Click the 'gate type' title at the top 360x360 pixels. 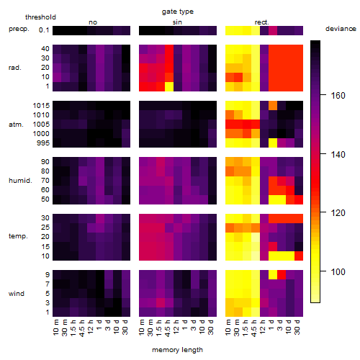click(178, 12)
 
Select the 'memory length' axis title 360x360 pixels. click(177, 350)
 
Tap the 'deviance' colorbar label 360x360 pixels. click(341, 29)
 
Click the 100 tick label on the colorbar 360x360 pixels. click(338, 271)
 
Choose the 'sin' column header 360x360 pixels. click(177, 22)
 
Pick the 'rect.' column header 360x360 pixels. click(261, 22)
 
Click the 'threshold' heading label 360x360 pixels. click(40, 17)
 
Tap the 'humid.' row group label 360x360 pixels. click(20, 180)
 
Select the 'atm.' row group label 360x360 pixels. click(16, 125)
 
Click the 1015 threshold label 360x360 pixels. click(41, 105)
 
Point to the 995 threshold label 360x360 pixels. click(43, 143)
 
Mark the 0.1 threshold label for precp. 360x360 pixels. click(44, 30)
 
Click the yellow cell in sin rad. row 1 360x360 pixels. click(169, 86)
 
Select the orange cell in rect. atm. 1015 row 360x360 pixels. click(273, 105)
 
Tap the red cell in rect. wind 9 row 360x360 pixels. click(282, 274)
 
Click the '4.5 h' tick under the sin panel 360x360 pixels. click(168, 328)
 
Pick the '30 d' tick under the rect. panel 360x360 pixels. click(297, 327)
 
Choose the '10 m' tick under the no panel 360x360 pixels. click(55, 328)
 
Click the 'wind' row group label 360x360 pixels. click(17, 293)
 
